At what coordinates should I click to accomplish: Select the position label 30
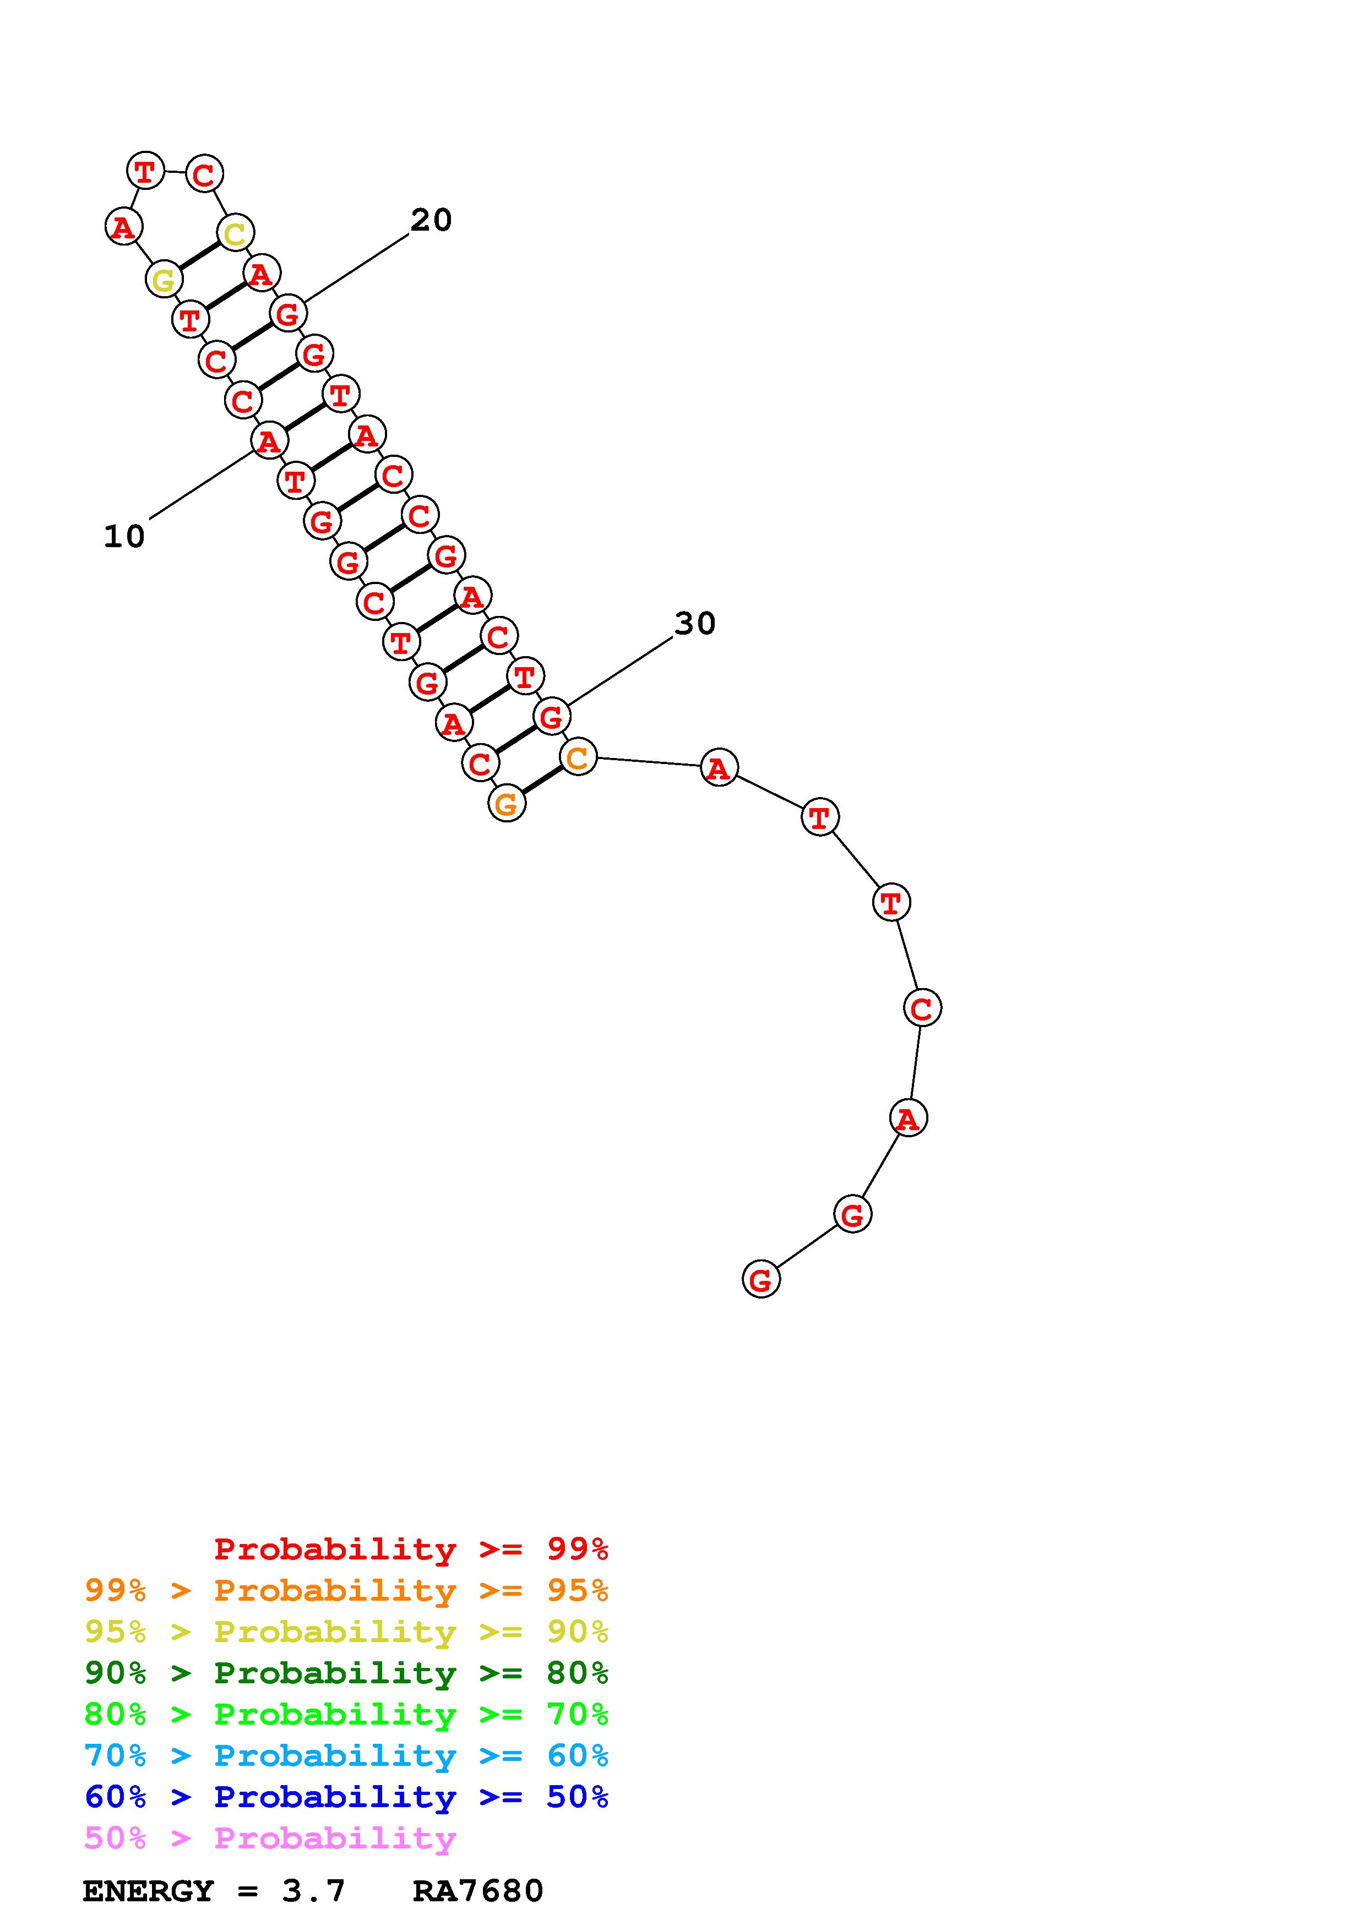coord(695,623)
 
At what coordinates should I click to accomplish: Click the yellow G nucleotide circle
coord(164,279)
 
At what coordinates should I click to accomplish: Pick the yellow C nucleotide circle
coord(236,233)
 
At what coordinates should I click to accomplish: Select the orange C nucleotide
coord(578,757)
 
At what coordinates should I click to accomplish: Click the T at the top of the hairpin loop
coord(145,171)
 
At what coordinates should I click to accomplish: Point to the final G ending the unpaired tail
coord(761,1279)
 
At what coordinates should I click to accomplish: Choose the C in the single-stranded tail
coord(923,1007)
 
